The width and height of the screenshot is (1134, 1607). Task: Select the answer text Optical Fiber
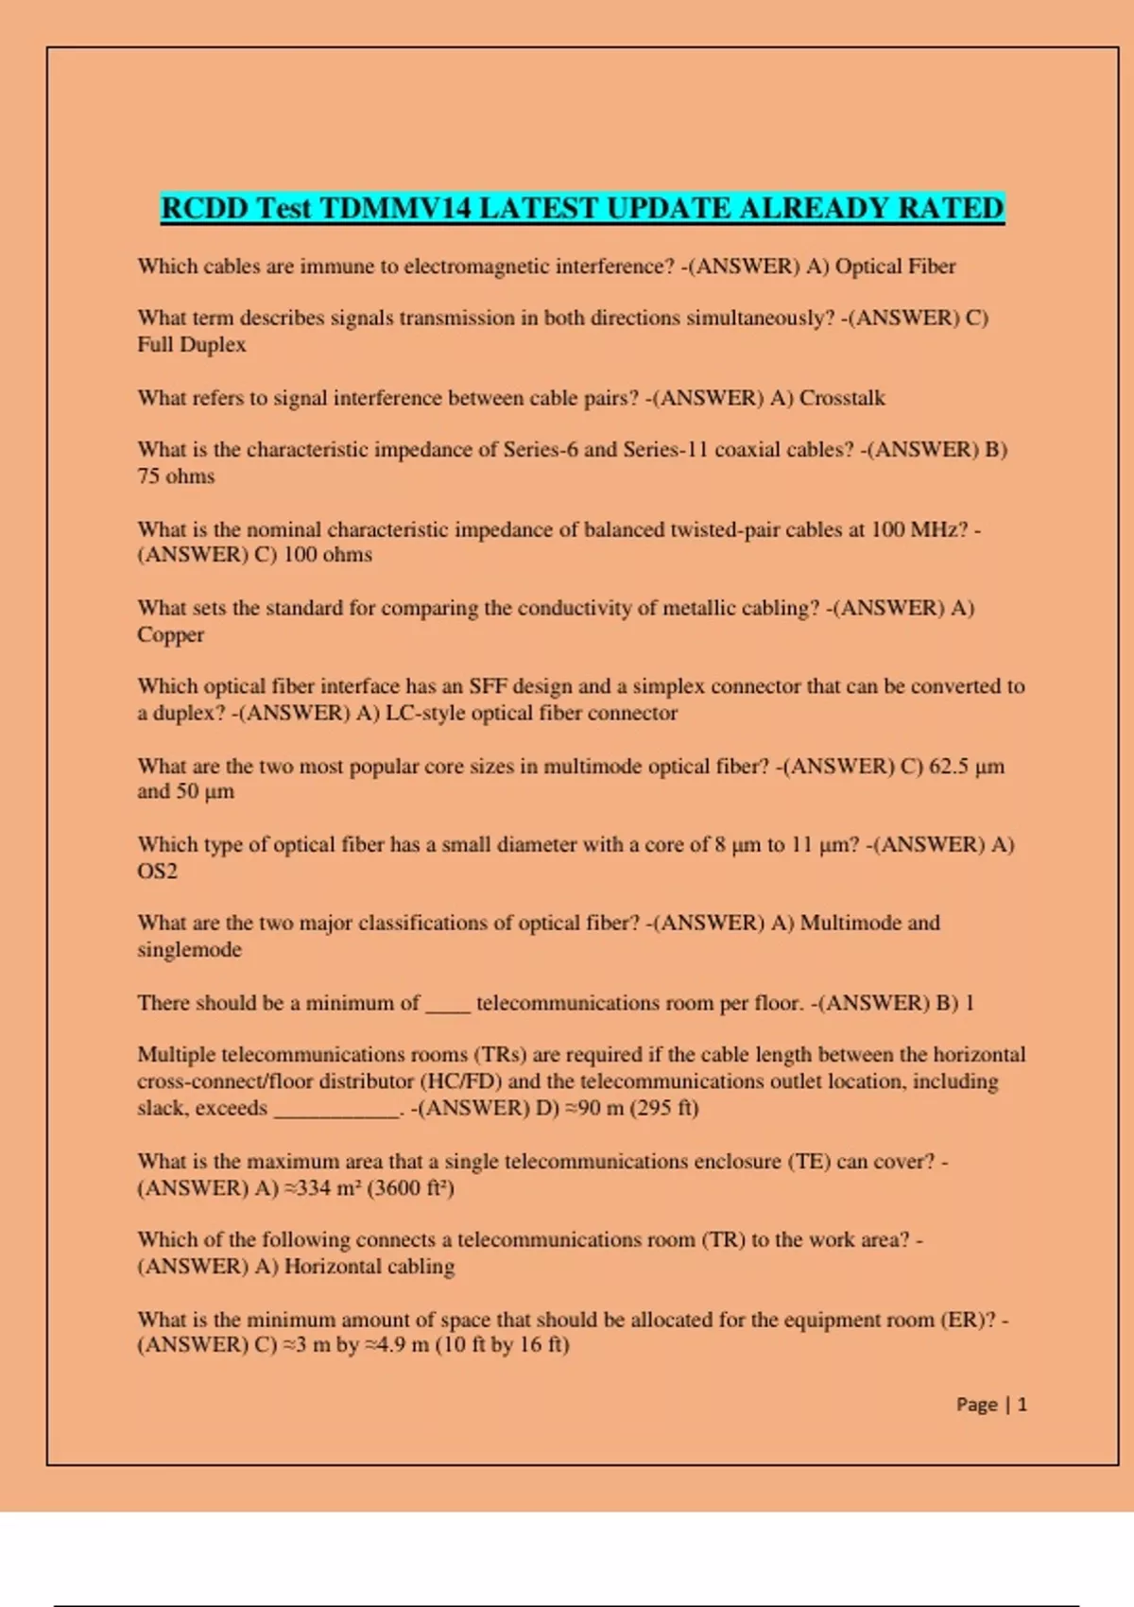(895, 267)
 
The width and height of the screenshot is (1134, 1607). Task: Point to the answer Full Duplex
(192, 345)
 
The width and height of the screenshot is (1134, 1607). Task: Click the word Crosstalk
(842, 398)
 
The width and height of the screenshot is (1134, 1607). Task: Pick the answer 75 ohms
(176, 476)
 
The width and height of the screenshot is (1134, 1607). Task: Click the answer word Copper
(171, 634)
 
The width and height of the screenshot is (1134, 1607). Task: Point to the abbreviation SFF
(488, 686)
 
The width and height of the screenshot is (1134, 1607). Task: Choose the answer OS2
(157, 871)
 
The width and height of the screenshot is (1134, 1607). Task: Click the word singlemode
(190, 950)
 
